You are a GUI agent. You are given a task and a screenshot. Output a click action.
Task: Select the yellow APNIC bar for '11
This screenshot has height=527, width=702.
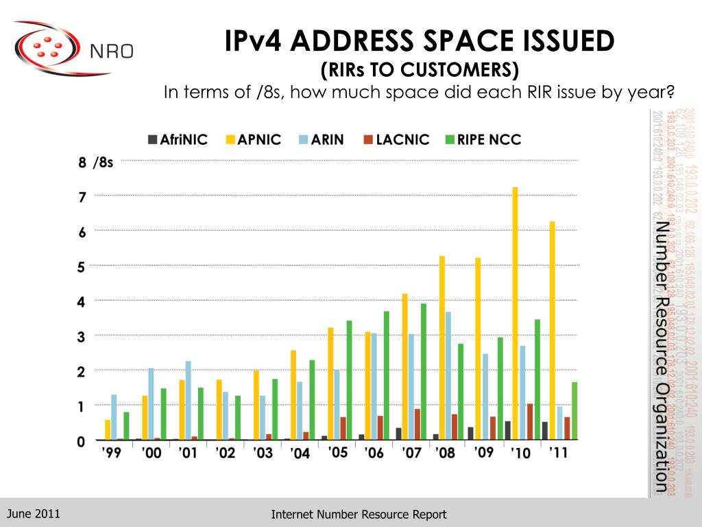pyautogui.click(x=552, y=330)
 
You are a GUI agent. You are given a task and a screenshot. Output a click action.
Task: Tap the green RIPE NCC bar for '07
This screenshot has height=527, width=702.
pyautogui.click(x=423, y=371)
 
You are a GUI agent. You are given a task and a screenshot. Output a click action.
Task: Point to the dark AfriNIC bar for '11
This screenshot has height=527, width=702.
pyautogui.click(x=544, y=430)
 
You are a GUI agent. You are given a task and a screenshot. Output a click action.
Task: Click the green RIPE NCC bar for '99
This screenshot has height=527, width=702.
pyautogui.click(x=126, y=425)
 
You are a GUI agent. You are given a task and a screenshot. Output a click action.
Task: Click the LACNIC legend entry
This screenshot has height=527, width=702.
pyautogui.click(x=396, y=139)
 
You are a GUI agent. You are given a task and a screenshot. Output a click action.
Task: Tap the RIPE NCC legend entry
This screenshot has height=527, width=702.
pyautogui.click(x=483, y=139)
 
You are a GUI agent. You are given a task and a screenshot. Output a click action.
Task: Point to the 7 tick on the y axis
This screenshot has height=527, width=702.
pyautogui.click(x=82, y=197)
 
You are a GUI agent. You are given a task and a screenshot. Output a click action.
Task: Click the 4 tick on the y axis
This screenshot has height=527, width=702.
pyautogui.click(x=82, y=302)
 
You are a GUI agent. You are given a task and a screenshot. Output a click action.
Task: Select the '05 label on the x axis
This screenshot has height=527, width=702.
pyautogui.click(x=337, y=453)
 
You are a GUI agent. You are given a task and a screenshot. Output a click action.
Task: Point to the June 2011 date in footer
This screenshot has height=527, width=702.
pyautogui.click(x=34, y=513)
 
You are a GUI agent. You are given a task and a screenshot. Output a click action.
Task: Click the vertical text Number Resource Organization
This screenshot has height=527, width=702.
pyautogui.click(x=661, y=357)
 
